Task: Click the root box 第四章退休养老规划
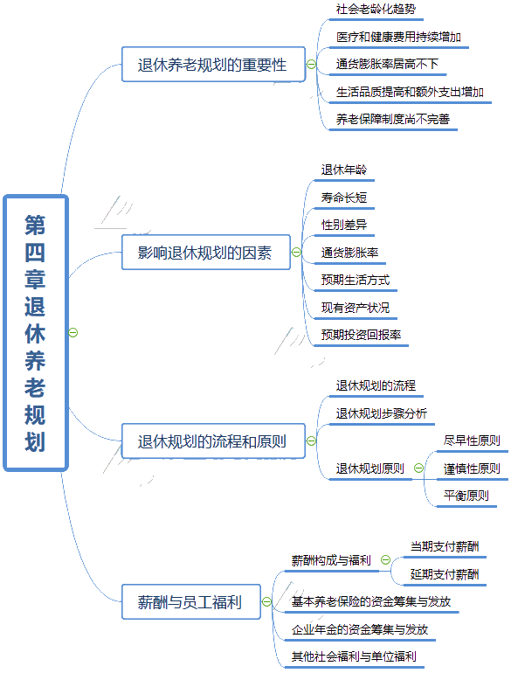coord(36,333)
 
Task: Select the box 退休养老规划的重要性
coord(213,65)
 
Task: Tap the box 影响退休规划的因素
coord(206,253)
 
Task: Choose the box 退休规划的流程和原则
coord(213,441)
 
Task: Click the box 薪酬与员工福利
coord(191,601)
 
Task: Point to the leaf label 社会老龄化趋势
coord(376,9)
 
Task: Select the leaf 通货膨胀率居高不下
coord(387,64)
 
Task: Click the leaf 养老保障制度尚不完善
coord(392,119)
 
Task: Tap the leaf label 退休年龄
coord(344,170)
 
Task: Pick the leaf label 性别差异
coord(344,225)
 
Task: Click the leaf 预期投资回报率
coord(361,335)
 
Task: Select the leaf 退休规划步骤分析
coord(382,413)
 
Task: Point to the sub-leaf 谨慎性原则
coord(472,468)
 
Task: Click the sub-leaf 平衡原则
coord(466,496)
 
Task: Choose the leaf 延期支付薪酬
coord(445,574)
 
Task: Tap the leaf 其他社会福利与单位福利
coord(354,656)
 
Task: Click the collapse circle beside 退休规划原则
coord(418,468)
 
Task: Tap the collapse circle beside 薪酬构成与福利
coord(386,559)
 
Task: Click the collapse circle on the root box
coord(73,333)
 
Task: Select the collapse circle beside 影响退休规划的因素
coord(296,252)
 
